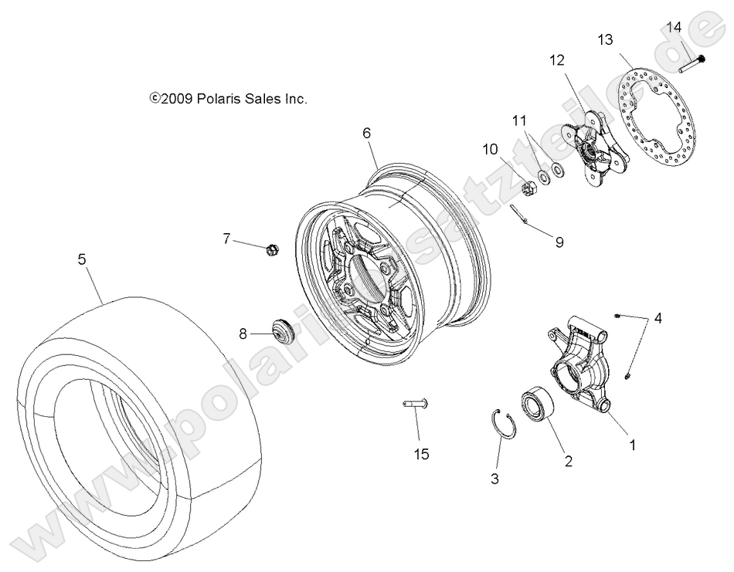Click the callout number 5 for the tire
(81, 260)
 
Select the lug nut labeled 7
(271, 249)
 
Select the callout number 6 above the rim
(367, 133)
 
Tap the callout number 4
(658, 318)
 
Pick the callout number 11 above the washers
(518, 120)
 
